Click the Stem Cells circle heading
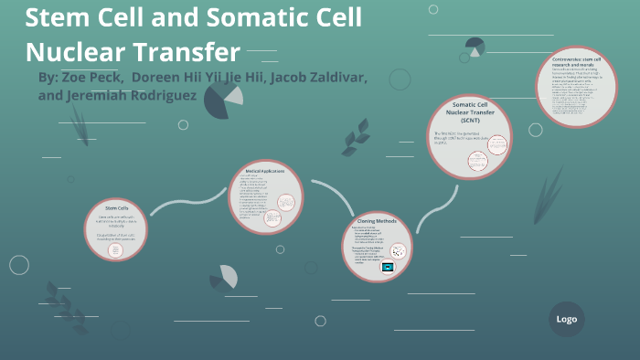pyautogui.click(x=117, y=208)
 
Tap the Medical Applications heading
pyautogui.click(x=265, y=171)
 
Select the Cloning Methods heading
pyautogui.click(x=377, y=221)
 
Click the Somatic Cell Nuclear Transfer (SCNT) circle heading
pyautogui.click(x=470, y=112)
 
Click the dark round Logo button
pyautogui.click(x=566, y=319)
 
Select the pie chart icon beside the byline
pyautogui.click(x=222, y=99)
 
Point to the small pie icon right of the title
pyautogui.click(x=475, y=46)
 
